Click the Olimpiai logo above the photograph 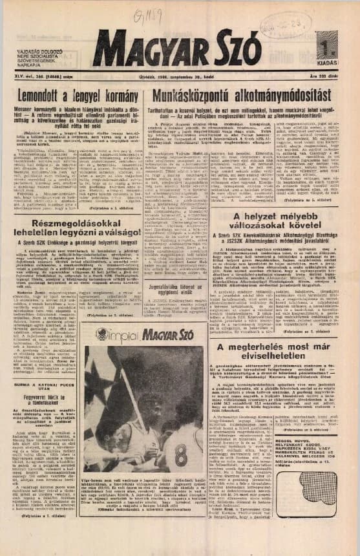point(118,335)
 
